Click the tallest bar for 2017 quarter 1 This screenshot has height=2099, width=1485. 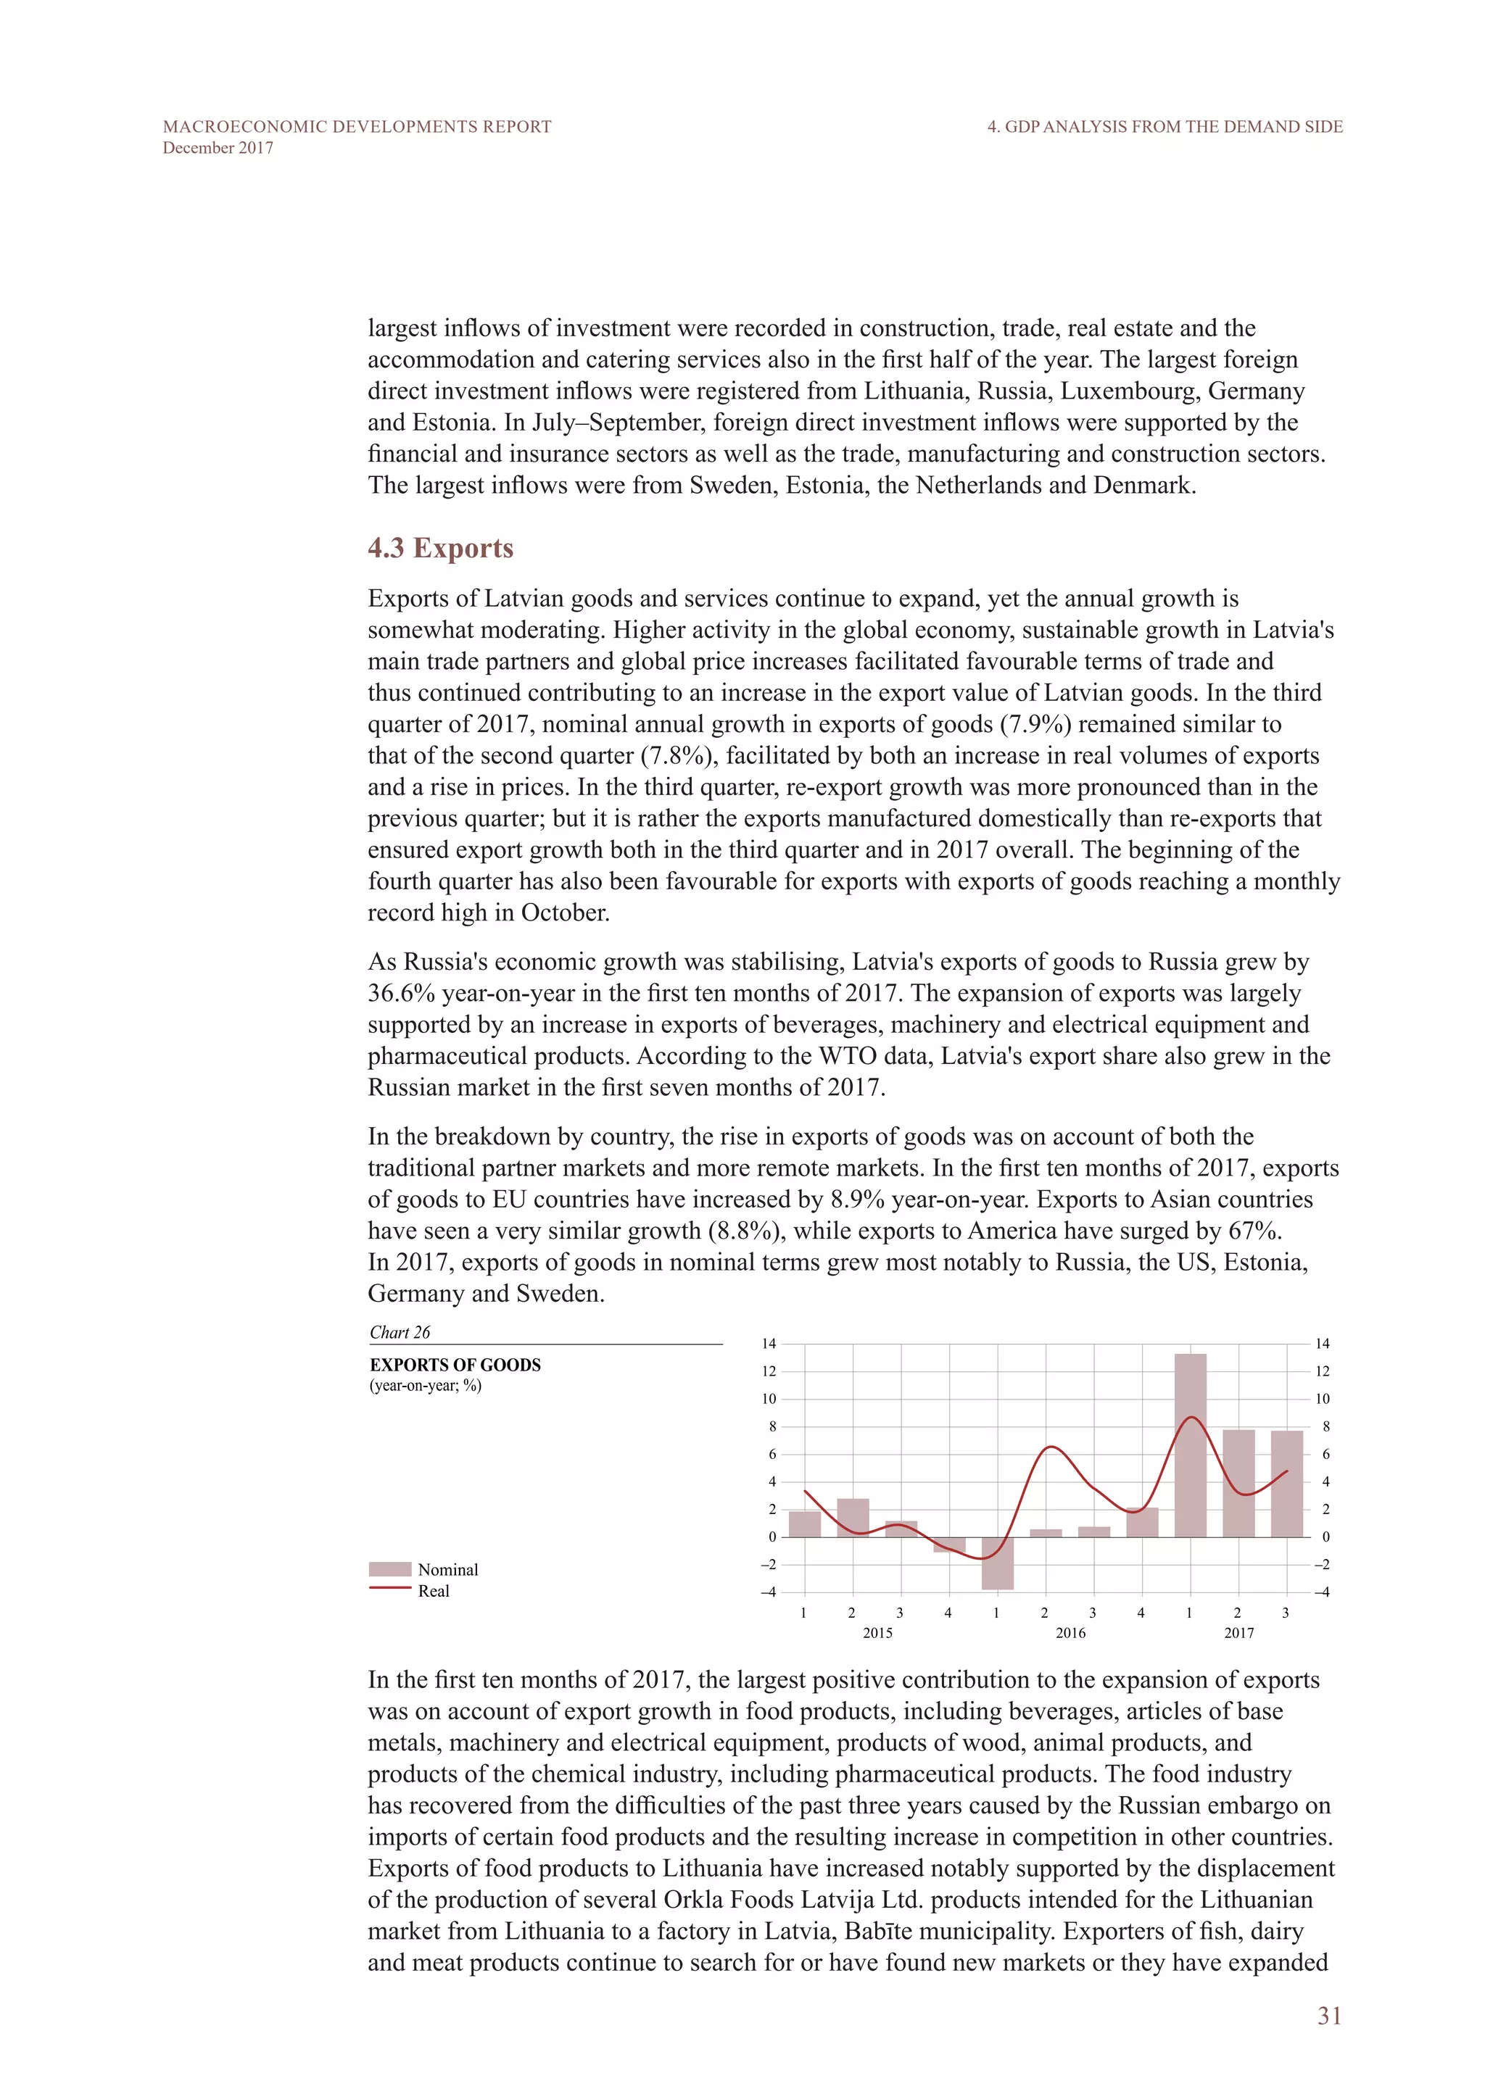point(1190,1445)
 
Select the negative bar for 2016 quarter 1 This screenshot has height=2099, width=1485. point(998,1563)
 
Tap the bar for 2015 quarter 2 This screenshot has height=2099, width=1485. point(853,1518)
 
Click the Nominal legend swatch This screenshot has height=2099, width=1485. point(389,1568)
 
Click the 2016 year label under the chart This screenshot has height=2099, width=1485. point(1070,1633)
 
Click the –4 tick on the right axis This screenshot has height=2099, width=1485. point(1321,1592)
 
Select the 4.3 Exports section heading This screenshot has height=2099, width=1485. point(440,548)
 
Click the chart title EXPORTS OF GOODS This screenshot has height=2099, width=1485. point(455,1365)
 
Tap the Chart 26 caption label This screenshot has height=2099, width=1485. point(400,1332)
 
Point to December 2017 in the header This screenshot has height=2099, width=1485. point(218,148)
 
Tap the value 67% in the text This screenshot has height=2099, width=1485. point(1254,1231)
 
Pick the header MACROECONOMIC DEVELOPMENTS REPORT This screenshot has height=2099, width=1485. point(357,127)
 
